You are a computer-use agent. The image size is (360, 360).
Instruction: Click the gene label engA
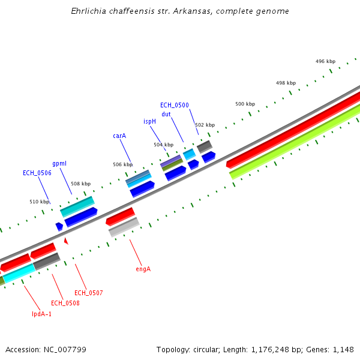143,269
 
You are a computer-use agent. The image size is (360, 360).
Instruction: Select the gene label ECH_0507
89,293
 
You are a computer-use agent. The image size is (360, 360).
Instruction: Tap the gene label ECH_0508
65,303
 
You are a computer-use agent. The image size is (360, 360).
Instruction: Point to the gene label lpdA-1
41,314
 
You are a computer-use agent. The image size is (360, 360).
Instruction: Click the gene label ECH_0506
37,173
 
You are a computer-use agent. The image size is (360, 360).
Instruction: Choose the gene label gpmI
59,163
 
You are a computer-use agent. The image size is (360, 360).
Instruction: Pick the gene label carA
119,136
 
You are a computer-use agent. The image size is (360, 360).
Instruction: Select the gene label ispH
149,121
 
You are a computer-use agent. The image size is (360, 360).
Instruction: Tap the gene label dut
166,114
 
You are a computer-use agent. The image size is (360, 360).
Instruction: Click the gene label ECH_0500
175,105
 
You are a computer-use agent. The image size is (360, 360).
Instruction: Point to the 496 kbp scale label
325,61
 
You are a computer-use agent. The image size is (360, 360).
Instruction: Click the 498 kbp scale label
286,83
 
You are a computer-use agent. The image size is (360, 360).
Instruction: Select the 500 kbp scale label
245,104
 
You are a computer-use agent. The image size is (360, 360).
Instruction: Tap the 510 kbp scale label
40,202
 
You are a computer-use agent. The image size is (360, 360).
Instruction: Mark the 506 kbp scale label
122,164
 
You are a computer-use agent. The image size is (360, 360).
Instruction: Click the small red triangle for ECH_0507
66,241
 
